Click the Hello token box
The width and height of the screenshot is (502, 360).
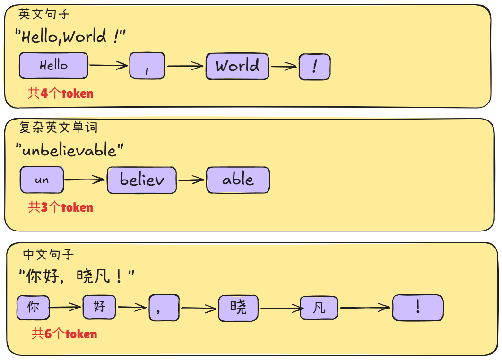coord(53,66)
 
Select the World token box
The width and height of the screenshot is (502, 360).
coord(237,66)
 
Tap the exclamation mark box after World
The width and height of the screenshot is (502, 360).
coord(314,67)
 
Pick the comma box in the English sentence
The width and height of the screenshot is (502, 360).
coord(147,66)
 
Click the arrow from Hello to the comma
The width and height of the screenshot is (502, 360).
coord(109,66)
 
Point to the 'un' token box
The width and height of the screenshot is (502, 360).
coord(42,180)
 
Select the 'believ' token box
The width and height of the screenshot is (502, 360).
coord(142,180)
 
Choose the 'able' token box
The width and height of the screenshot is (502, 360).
coord(238,180)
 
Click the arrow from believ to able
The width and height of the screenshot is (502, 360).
coord(191,180)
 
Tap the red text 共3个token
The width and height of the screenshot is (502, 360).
coord(61,207)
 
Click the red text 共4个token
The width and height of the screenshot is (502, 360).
coord(61,94)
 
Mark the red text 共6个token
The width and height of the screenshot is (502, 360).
coord(64,334)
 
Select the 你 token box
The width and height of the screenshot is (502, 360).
coord(33,308)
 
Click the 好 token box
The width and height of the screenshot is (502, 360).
coord(99,308)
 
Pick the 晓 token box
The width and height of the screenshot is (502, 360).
coord(238,308)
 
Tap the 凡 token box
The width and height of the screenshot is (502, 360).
coord(320,309)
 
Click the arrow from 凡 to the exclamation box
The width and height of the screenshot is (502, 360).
coord(365,309)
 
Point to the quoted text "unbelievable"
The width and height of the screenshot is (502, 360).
coord(69,150)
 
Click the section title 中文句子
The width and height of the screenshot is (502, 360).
coord(48,255)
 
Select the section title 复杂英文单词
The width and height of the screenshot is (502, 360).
coord(58,127)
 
